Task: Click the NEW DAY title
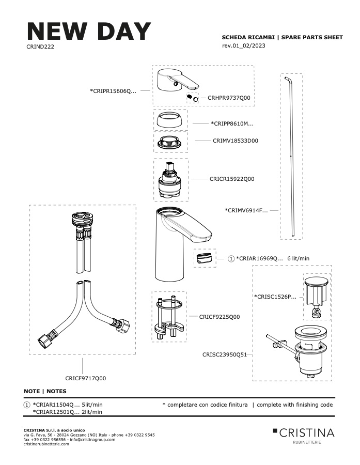89,31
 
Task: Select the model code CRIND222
40,47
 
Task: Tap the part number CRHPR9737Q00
229,98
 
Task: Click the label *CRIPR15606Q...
113,91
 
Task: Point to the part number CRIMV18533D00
236,141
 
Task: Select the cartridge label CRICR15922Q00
232,179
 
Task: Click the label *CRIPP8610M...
232,123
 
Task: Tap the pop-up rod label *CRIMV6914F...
246,211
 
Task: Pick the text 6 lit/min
299,258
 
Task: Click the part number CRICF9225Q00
220,317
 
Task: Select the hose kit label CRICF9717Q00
86,378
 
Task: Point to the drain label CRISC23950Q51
225,354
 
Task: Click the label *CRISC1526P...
275,297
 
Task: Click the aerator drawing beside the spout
205,258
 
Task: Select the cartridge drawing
171,180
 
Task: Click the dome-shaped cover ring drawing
170,119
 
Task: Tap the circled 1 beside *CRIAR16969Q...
231,259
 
